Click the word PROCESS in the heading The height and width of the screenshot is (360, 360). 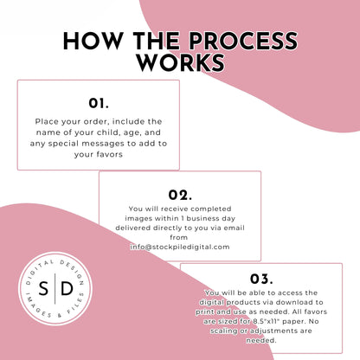point(243,41)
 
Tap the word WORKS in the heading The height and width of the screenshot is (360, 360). point(181,62)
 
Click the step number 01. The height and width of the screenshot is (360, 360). point(99,104)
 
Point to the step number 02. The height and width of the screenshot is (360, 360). point(180,196)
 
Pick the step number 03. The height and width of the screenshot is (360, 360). point(261,279)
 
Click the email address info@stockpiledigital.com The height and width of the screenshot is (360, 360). point(180,247)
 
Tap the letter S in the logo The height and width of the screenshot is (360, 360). point(43,288)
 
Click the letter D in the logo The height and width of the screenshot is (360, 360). point(67,288)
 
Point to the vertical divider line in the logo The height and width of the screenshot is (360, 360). point(55,288)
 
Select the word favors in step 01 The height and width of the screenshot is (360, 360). point(111,155)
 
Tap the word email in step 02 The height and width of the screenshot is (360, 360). point(235,228)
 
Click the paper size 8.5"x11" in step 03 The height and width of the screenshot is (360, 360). point(265,321)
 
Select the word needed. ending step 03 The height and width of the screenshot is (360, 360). point(261,340)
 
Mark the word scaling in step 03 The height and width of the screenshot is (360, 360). point(224,331)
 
